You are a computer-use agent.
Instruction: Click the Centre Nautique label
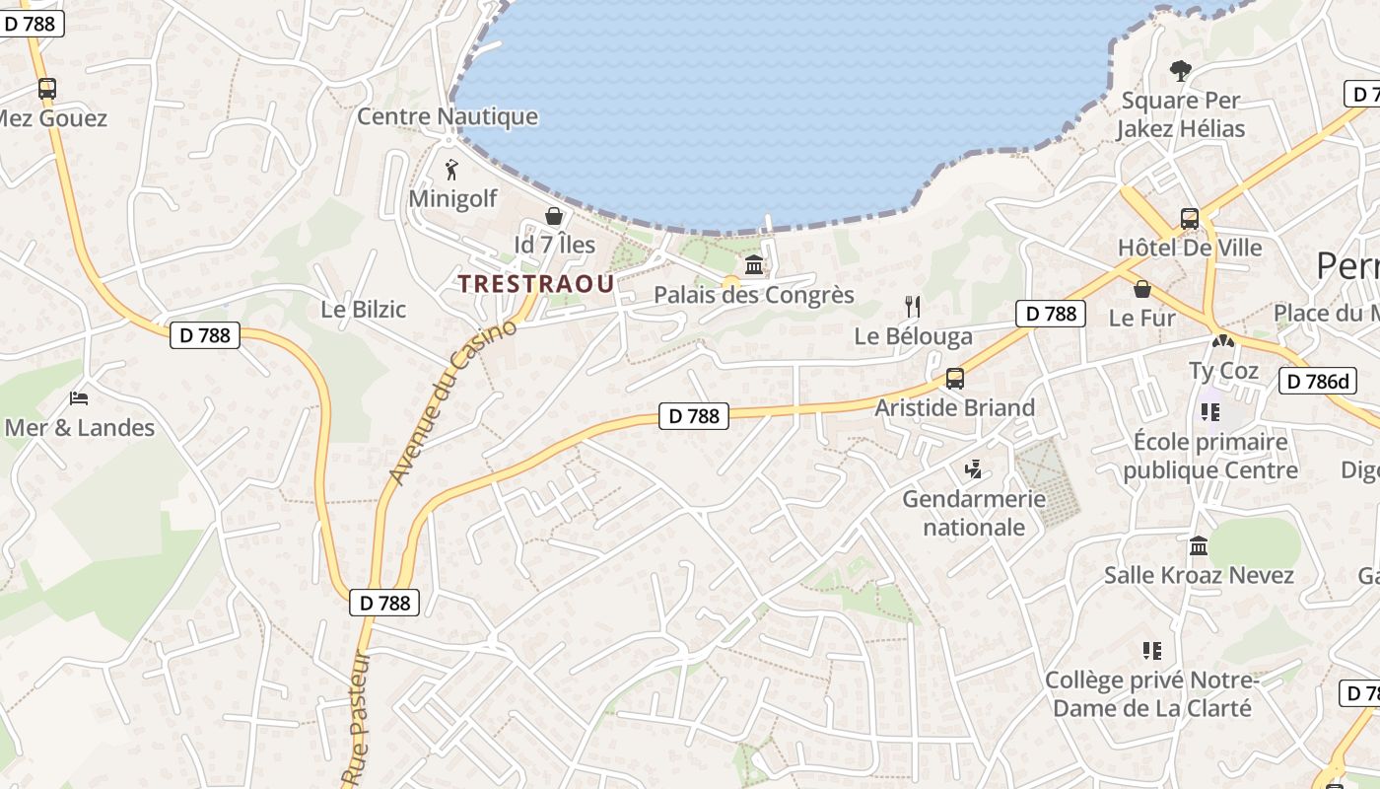[x=448, y=116]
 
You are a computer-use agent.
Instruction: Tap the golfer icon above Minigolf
[x=452, y=170]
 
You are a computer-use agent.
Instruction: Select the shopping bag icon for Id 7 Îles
[x=555, y=215]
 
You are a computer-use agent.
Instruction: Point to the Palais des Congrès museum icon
[x=754, y=264]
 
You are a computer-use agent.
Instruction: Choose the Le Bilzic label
[x=363, y=309]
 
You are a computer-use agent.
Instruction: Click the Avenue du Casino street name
[x=452, y=401]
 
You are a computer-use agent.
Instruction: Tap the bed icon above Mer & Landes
[x=79, y=398]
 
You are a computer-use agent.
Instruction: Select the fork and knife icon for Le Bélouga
[x=913, y=307]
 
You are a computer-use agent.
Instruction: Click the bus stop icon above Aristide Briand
[x=954, y=379]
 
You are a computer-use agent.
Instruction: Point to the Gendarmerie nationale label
[x=974, y=513]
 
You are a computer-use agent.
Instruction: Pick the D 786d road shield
[x=1317, y=382]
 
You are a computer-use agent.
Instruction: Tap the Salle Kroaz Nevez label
[x=1199, y=575]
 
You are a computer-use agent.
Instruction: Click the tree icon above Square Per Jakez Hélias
[x=1180, y=71]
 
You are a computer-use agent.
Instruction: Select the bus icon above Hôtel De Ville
[x=1190, y=219]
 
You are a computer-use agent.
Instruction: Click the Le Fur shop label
[x=1142, y=318]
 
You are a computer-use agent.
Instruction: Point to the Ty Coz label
[x=1224, y=371]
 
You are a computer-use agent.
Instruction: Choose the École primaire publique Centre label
[x=1210, y=456]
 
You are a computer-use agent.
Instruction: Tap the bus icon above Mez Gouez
[x=46, y=89]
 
